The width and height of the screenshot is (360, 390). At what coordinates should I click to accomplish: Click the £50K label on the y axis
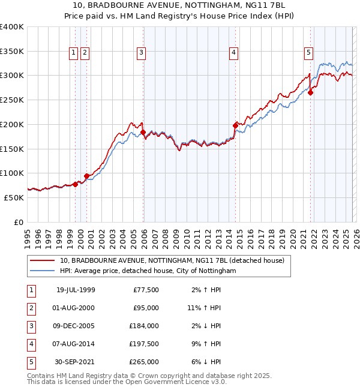tap(14, 197)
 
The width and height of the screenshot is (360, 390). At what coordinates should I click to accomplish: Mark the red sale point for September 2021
tap(311, 92)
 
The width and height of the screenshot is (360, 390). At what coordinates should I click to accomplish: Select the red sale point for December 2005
tap(143, 132)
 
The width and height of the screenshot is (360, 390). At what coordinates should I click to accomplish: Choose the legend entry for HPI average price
tap(148, 271)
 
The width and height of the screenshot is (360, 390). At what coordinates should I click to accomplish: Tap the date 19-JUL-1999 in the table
tap(75, 290)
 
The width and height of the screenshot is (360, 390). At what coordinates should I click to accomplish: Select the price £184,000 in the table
tap(144, 326)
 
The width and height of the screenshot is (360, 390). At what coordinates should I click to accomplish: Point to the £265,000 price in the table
tap(144, 362)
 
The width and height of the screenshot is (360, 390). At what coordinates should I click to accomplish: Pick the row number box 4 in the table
tap(30, 344)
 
